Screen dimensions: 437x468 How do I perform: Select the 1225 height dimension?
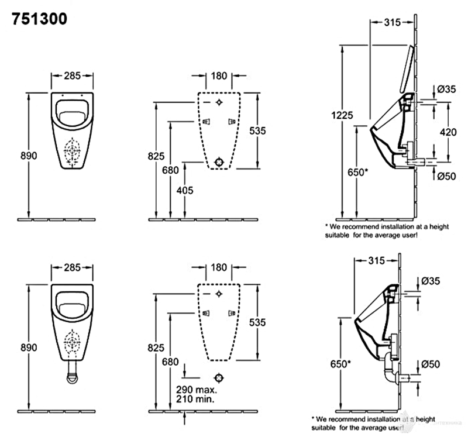pos(344,115)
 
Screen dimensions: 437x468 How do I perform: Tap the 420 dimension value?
pos(448,132)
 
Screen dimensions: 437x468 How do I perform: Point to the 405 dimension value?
pos(184,190)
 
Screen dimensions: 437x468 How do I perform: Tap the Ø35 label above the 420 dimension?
pos(447,89)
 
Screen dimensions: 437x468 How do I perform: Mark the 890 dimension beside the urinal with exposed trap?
pos(28,347)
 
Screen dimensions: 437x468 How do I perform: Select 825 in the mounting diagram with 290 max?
pos(156,347)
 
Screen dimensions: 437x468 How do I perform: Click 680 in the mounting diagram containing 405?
pos(170,170)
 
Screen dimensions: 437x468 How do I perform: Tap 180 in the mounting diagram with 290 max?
pos(219,267)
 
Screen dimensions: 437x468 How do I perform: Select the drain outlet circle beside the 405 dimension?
pos(219,162)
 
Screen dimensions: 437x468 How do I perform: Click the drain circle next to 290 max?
pos(219,377)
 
